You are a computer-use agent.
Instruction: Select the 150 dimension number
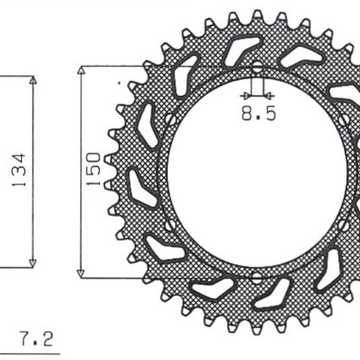[x=94, y=170]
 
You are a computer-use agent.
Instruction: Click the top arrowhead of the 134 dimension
[x=32, y=80]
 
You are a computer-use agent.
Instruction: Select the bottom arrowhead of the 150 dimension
[x=82, y=273]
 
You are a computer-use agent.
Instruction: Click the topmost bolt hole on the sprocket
[x=257, y=67]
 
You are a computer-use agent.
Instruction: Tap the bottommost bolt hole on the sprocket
[x=257, y=277]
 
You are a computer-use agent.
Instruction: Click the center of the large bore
[x=257, y=172]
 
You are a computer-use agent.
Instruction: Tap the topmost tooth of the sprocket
[x=257, y=14]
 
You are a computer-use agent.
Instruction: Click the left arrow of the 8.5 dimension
[x=245, y=95]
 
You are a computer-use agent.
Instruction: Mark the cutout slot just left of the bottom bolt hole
[x=212, y=290]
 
